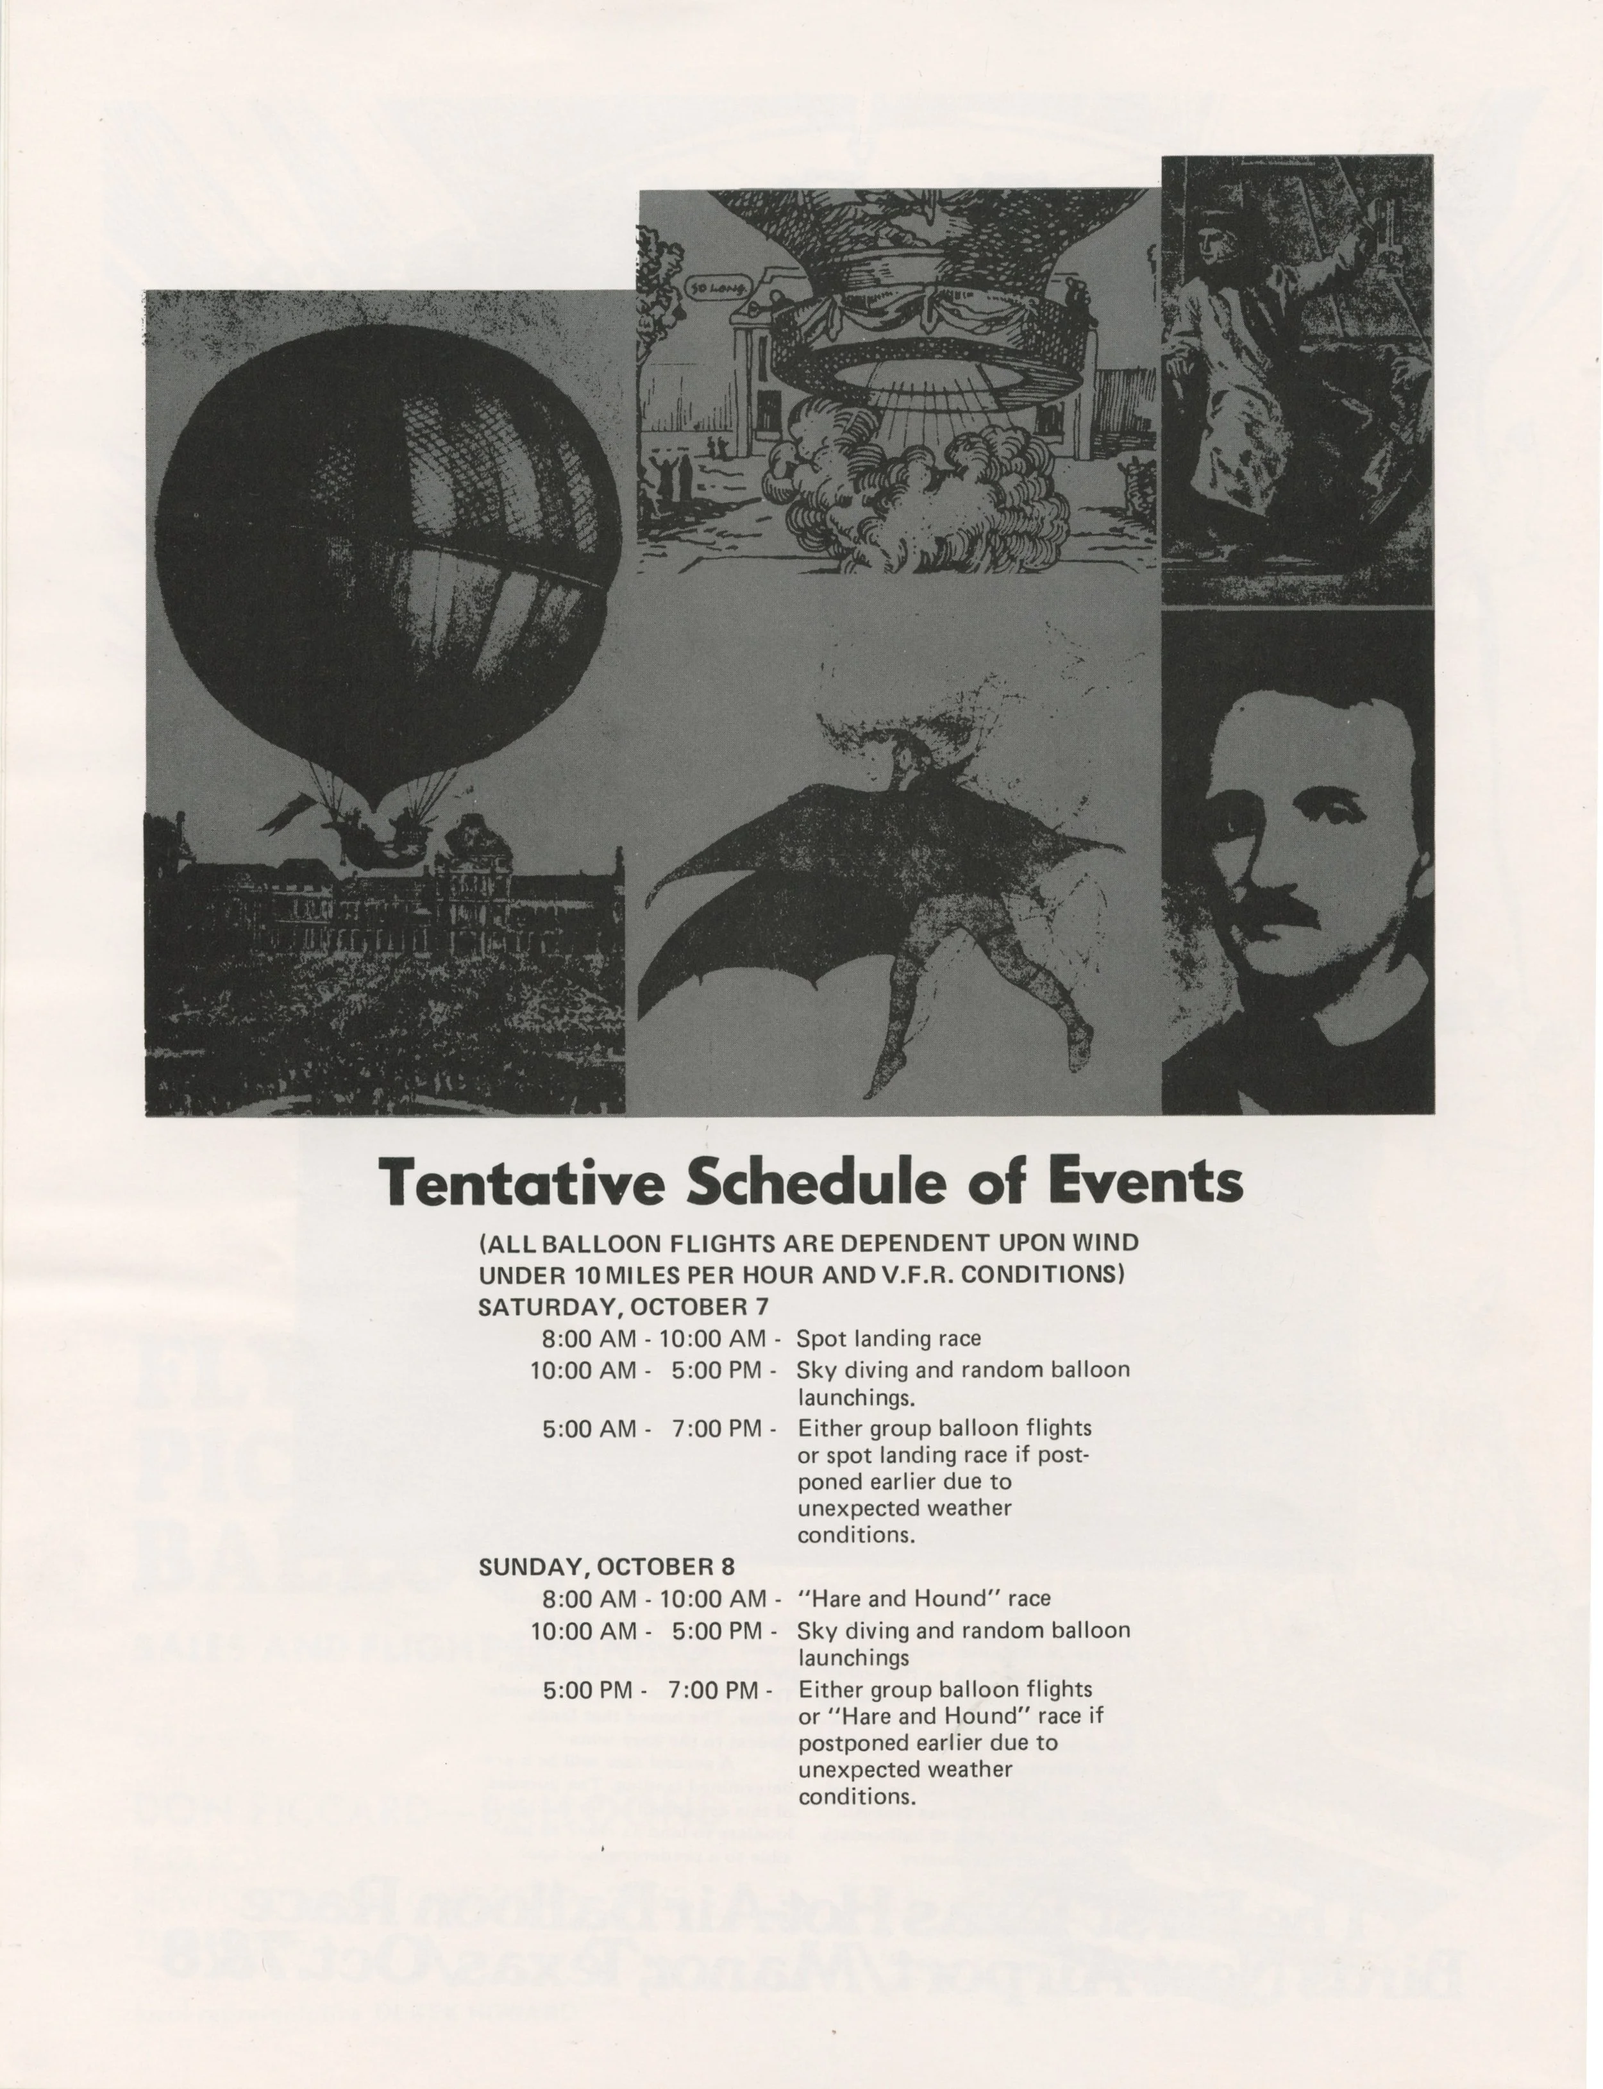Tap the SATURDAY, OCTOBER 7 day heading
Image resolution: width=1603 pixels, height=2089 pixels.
pos(623,1306)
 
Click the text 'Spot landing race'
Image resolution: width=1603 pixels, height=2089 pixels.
pos(887,1338)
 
